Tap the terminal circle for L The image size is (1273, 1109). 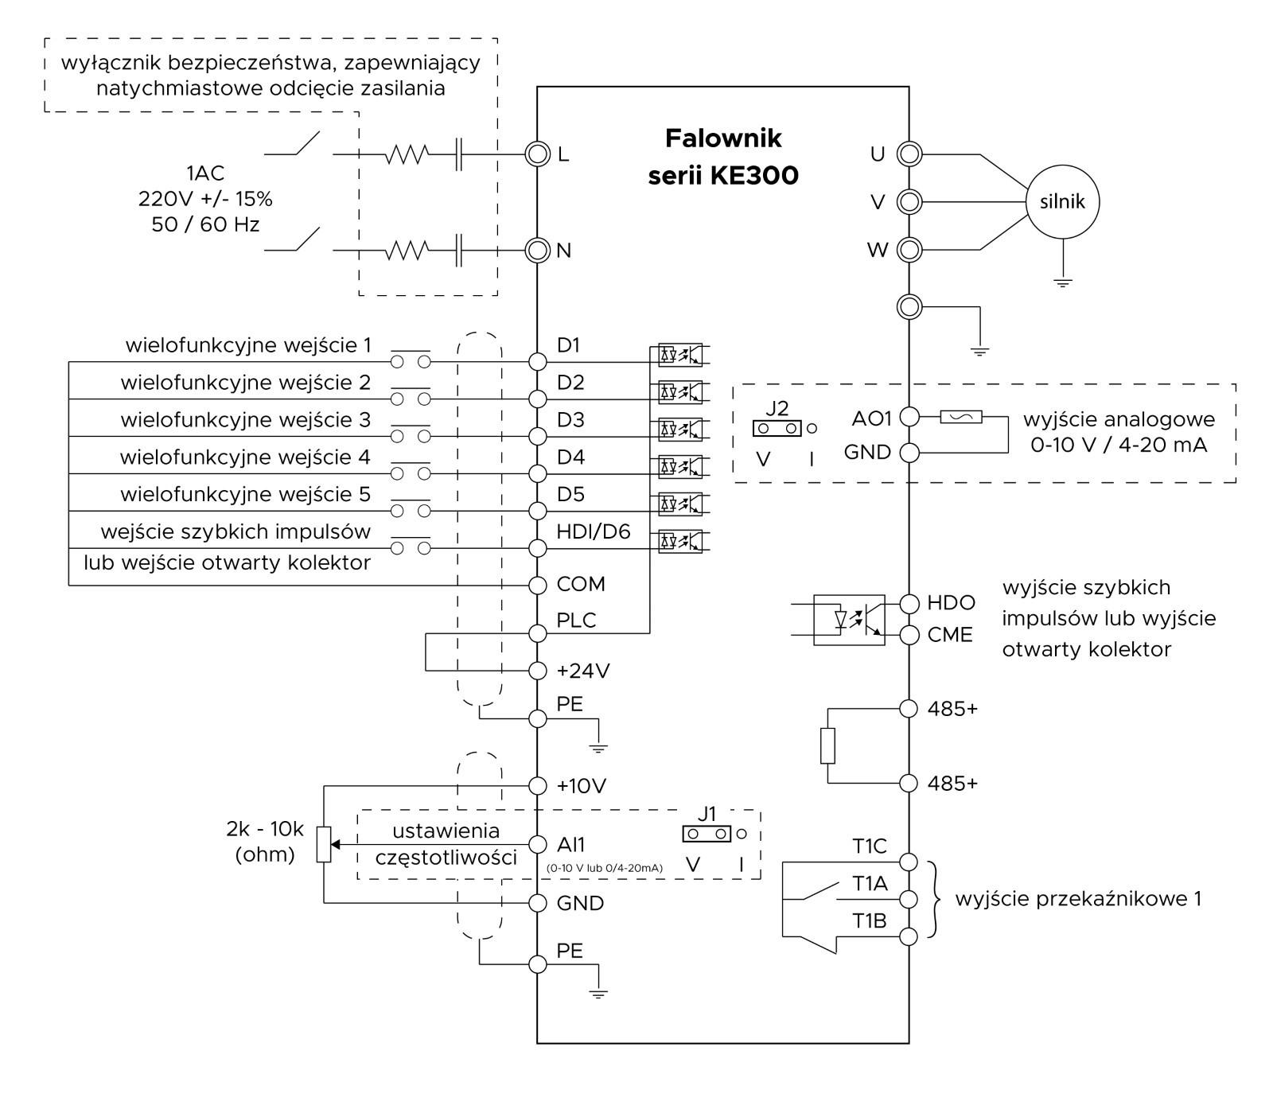click(538, 154)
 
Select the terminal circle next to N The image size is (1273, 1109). click(538, 251)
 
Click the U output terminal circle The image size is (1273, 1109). click(909, 154)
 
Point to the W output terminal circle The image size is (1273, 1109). click(909, 250)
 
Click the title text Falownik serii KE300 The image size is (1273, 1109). click(723, 157)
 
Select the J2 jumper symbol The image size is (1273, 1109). click(777, 429)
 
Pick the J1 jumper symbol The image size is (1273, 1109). click(707, 834)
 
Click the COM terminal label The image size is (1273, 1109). click(581, 584)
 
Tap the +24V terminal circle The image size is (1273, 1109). click(539, 671)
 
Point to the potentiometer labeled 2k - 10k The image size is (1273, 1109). click(324, 845)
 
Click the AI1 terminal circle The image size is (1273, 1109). click(539, 844)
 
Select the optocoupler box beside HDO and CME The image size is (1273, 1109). click(849, 620)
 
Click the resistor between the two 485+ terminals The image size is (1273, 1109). click(827, 745)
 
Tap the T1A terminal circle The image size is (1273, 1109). click(909, 899)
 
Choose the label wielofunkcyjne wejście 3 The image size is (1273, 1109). click(246, 419)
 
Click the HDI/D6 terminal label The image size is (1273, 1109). click(594, 531)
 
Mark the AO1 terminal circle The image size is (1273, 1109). click(909, 417)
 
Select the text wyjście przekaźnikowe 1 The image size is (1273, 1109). click(1078, 899)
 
